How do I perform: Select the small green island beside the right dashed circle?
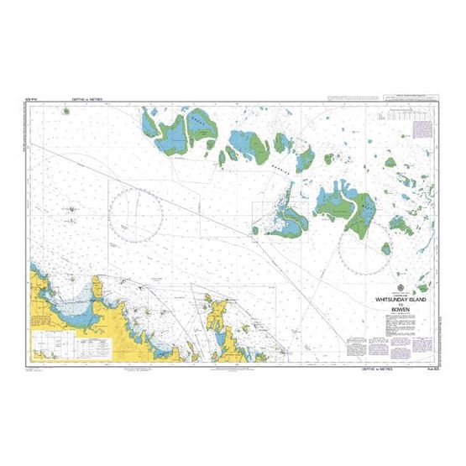(387, 249)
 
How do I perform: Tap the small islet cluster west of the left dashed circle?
(73, 209)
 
